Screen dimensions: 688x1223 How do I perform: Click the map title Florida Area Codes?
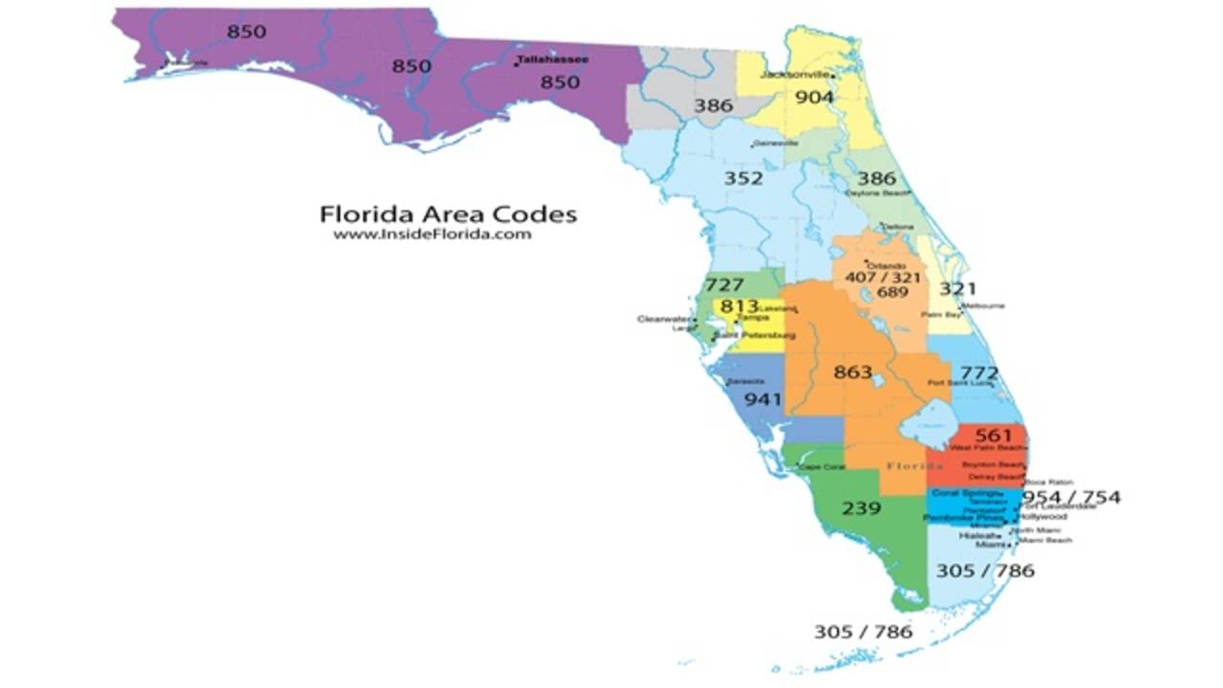(x=448, y=213)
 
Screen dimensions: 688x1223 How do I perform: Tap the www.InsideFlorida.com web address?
(x=432, y=234)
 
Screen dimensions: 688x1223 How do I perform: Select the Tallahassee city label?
(x=552, y=59)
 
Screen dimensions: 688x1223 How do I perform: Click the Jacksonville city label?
(x=795, y=75)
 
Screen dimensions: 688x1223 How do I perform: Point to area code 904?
(x=814, y=97)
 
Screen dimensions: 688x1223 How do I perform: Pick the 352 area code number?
(x=743, y=179)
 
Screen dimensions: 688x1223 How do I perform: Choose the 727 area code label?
(x=724, y=285)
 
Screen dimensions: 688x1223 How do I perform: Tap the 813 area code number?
(x=739, y=307)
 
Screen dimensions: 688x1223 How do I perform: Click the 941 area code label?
(x=762, y=398)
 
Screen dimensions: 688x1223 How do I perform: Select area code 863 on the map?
(x=853, y=372)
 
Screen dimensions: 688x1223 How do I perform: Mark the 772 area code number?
(x=979, y=373)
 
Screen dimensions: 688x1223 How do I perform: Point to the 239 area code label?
(x=861, y=507)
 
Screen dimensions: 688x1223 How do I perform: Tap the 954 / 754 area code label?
(x=1071, y=498)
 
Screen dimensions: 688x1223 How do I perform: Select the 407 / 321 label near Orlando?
(x=882, y=277)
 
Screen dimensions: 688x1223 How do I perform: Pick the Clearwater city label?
(x=663, y=319)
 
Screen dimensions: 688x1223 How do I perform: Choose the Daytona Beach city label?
(x=876, y=192)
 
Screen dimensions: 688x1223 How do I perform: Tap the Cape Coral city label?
(x=822, y=467)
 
